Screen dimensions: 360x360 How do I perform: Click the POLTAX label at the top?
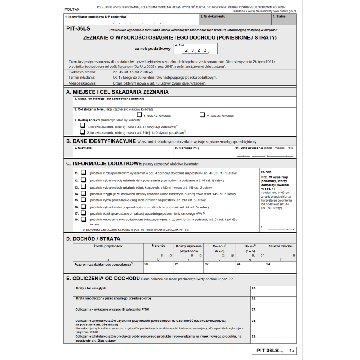pos(71,9)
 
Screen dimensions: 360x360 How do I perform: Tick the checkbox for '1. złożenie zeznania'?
pos(140,115)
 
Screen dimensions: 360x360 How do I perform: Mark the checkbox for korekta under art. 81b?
pos(83,132)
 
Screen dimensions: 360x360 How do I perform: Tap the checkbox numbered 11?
pos(83,172)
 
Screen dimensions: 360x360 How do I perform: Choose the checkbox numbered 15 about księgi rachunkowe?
pos(83,199)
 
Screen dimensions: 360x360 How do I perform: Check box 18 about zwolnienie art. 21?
pos(83,219)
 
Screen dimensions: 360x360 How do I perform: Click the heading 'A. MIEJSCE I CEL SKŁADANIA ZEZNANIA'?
pos(117,92)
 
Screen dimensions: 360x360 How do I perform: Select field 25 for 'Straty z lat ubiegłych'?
pos(273,290)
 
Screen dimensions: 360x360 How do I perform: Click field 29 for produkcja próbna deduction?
pos(273,339)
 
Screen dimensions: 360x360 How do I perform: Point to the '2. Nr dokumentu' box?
pos(234,19)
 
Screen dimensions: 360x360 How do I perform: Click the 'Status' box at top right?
pos(283,19)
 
